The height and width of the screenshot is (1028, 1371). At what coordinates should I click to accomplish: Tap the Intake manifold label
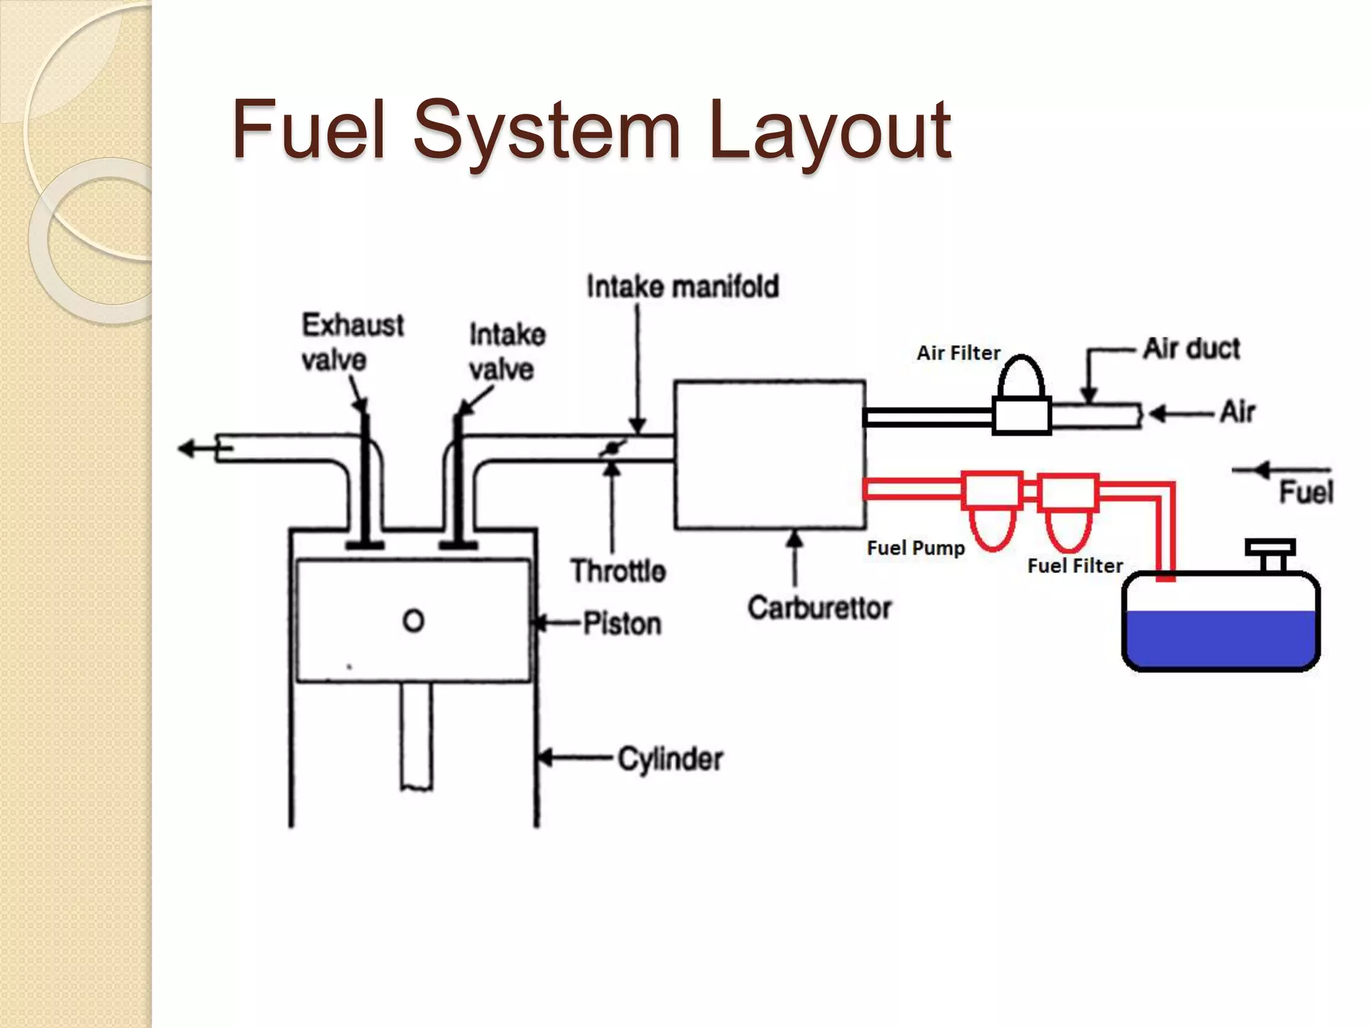pyautogui.click(x=682, y=286)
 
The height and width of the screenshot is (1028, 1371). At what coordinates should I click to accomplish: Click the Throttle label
pyautogui.click(x=618, y=571)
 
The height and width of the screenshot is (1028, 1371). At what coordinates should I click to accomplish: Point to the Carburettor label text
pyautogui.click(x=819, y=608)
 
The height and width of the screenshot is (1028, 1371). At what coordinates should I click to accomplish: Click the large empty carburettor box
pyautogui.click(x=770, y=455)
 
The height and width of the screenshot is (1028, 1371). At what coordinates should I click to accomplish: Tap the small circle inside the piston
pyautogui.click(x=413, y=620)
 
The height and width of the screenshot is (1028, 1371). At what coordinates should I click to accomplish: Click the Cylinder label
pyautogui.click(x=669, y=759)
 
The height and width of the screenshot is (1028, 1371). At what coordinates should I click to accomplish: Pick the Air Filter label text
pyautogui.click(x=958, y=353)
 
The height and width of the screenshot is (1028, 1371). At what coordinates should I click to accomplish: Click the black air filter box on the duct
pyautogui.click(x=1021, y=416)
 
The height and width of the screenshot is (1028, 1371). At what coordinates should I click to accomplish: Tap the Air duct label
pyautogui.click(x=1191, y=349)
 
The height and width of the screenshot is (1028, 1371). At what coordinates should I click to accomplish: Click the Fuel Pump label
pyautogui.click(x=915, y=548)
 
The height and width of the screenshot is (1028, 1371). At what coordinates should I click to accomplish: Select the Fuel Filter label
pyautogui.click(x=1074, y=566)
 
